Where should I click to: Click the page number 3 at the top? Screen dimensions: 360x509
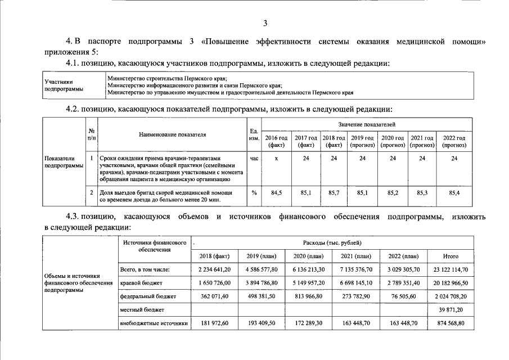265,23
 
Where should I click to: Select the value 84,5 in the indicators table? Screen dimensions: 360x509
276,193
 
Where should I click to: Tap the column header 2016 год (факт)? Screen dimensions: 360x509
276,141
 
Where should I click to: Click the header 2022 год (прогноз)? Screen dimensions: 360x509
454,141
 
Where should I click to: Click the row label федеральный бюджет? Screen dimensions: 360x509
148,295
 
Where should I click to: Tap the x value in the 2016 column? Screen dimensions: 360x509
276,159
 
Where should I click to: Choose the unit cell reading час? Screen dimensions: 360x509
254,159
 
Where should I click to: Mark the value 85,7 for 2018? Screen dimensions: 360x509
334,193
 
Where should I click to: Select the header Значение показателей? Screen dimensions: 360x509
366,123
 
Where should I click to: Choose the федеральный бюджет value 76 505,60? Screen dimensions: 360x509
403,295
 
